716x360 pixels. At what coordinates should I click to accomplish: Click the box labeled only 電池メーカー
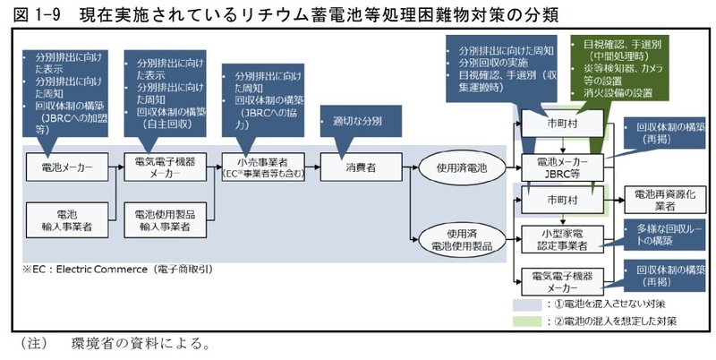(64, 167)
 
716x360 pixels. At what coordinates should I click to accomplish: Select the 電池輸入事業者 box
(64, 220)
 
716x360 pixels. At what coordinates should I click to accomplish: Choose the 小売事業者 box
(263, 167)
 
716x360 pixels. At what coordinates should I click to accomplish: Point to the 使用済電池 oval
(462, 167)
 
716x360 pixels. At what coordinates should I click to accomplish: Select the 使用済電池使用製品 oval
(462, 236)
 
